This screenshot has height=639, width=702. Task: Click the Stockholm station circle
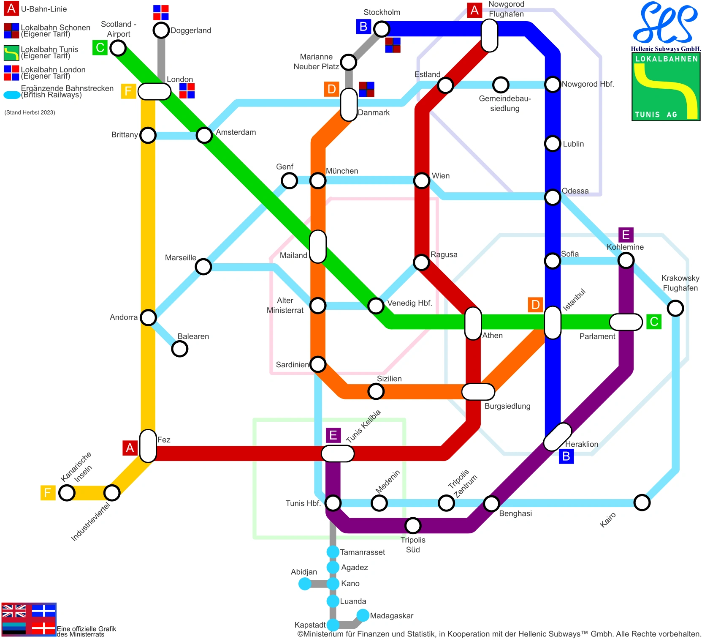tap(382, 29)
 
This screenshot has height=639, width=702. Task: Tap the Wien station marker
tap(422, 180)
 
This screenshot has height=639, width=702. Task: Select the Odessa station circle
tap(553, 197)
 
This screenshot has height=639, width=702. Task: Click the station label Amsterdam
tap(236, 132)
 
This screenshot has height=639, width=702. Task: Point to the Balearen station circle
tap(180, 349)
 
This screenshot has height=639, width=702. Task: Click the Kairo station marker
tap(642, 502)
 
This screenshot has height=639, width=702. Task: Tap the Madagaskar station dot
tap(363, 615)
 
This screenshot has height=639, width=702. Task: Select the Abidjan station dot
tap(304, 584)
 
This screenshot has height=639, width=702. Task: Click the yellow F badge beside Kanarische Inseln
tap(48, 492)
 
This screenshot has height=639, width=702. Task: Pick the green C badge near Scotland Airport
tap(100, 48)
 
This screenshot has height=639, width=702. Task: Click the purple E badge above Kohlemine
tap(626, 235)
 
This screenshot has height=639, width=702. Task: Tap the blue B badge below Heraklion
tap(566, 456)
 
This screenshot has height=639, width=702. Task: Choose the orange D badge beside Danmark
tap(332, 89)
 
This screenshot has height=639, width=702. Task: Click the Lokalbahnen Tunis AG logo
tap(666, 87)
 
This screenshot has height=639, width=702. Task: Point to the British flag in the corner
tap(14, 611)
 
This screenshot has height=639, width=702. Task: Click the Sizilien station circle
tap(376, 391)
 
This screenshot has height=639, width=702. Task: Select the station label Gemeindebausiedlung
tap(505, 104)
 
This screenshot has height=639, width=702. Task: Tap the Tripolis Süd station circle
tap(413, 525)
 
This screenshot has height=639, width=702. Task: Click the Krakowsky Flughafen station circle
tap(675, 308)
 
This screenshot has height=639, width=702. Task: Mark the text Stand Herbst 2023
tap(30, 112)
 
